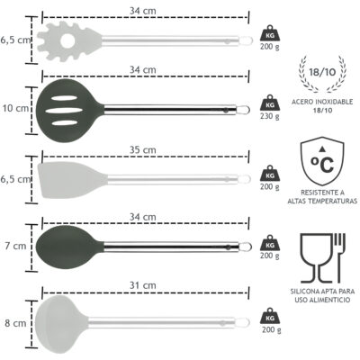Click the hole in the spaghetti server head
point(67,41)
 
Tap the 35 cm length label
point(143,149)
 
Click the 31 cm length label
point(143,285)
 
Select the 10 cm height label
point(15,108)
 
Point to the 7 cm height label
point(15,246)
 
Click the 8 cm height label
point(15,323)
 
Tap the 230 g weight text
point(270,116)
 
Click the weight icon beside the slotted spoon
point(270,103)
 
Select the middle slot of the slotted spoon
point(64,111)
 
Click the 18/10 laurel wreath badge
point(322,74)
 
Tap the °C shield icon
point(322,161)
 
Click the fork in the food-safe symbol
point(340,258)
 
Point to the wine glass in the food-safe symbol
point(317,258)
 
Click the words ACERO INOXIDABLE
point(322,102)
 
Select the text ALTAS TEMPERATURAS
point(322,201)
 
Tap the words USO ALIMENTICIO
point(322,300)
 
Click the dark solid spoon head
point(69,247)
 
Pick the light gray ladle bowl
point(61,324)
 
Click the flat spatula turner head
point(72,180)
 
